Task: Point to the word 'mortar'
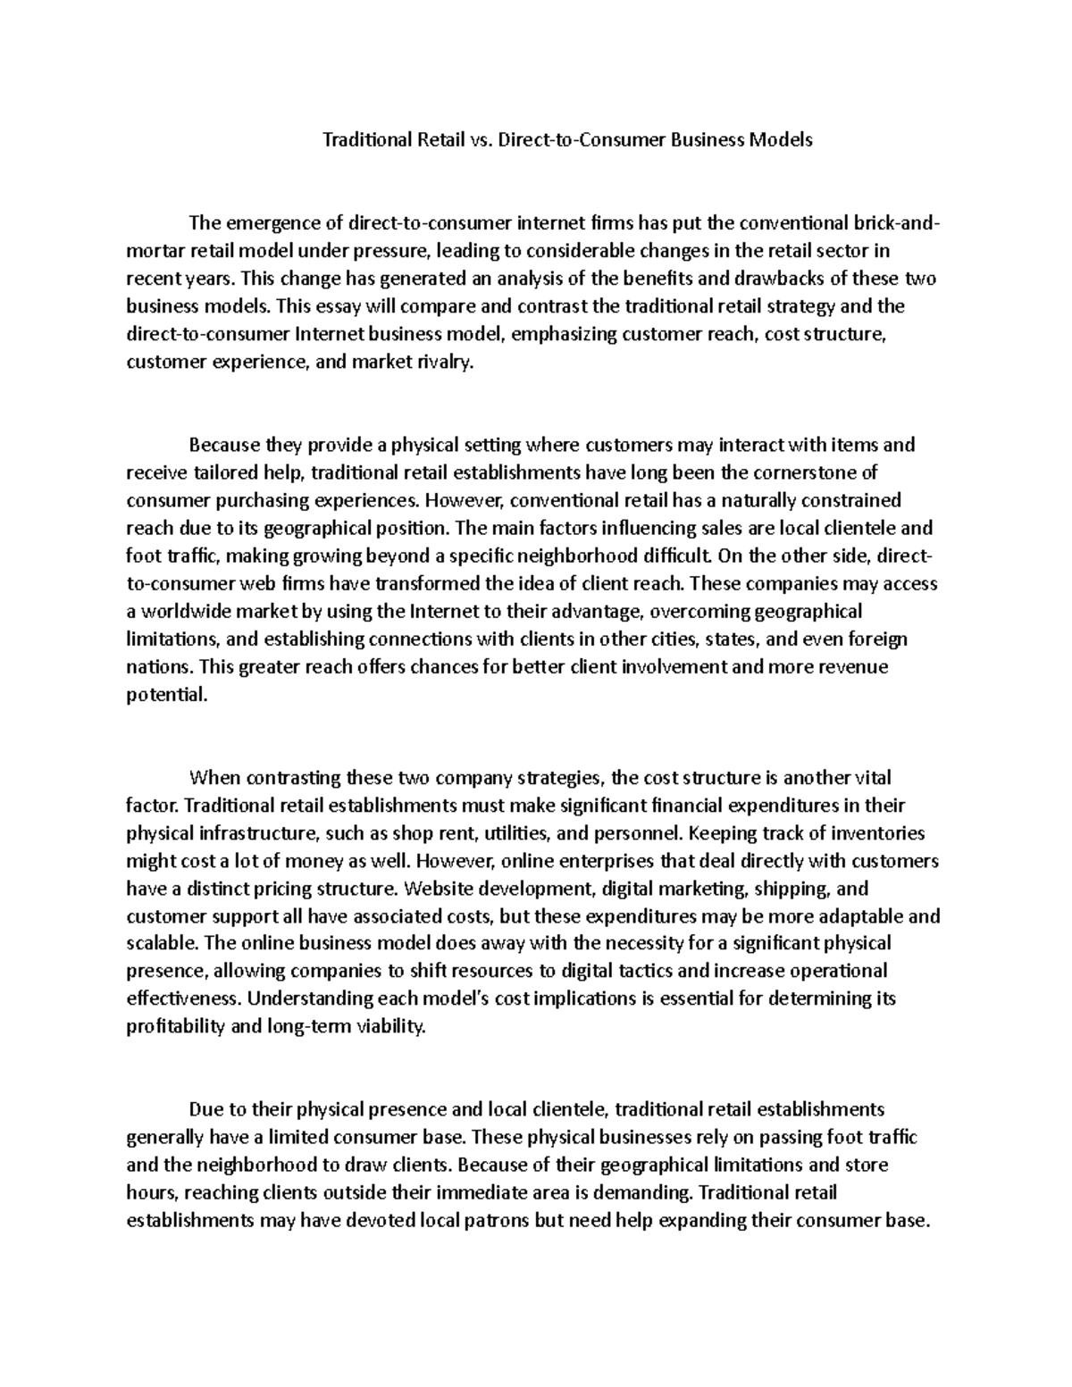click(153, 251)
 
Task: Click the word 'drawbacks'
click(788, 279)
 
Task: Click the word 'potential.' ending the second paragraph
click(166, 695)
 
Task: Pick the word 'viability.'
click(392, 1026)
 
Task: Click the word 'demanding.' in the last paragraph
click(649, 1192)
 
